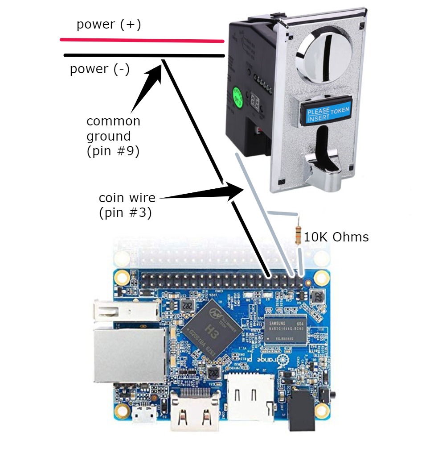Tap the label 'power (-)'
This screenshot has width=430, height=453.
pos(100,70)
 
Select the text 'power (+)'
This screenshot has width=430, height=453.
pos(108,25)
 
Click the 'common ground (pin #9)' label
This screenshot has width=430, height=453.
pos(113,136)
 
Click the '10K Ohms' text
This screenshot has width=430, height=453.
pos(336,237)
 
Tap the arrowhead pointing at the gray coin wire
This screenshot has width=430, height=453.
pos(232,191)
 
